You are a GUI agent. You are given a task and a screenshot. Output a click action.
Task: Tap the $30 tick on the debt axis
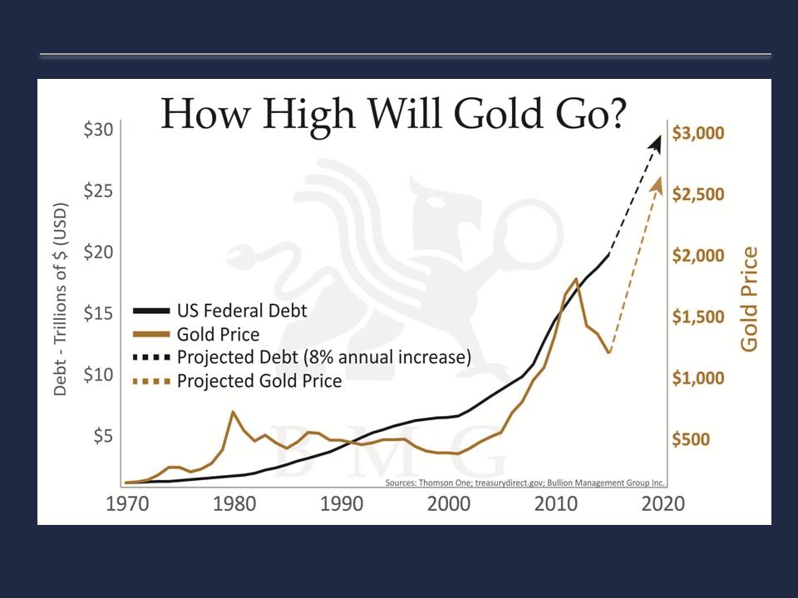click(101, 130)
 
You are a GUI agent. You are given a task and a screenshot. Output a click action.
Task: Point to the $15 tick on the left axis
click(101, 315)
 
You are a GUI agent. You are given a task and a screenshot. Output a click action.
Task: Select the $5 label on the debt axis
click(103, 437)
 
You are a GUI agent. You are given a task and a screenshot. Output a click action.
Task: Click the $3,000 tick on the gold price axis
click(697, 133)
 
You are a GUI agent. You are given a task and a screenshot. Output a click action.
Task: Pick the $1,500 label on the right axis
click(697, 317)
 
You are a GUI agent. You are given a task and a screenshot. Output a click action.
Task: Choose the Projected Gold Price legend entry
click(259, 381)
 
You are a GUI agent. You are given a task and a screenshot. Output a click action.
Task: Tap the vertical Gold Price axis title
click(750, 299)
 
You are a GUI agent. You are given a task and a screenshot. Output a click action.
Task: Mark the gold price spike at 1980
click(234, 412)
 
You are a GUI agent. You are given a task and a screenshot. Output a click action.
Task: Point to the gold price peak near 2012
click(575, 279)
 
